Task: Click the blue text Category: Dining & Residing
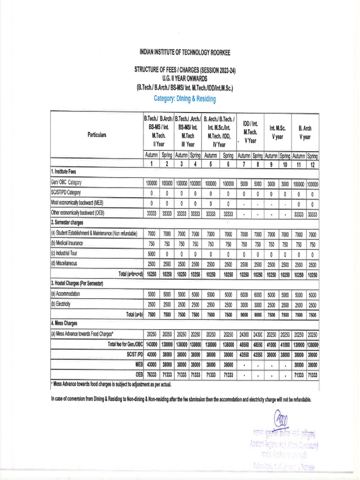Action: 185,99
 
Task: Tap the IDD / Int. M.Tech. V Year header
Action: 250,132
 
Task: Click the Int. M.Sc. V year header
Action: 278,132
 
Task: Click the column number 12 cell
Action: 312,164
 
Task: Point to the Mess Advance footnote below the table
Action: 111,384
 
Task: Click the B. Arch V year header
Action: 305,132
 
